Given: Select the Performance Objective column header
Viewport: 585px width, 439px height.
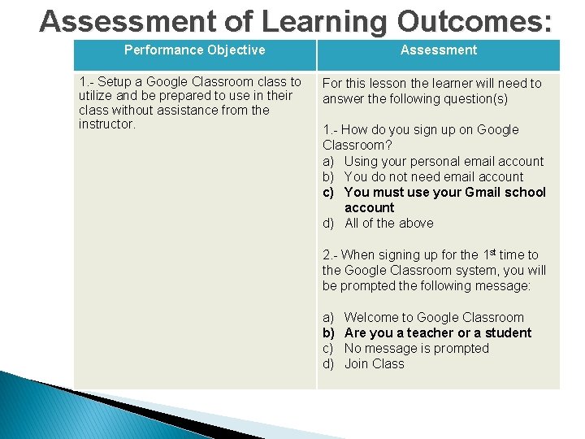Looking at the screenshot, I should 194,50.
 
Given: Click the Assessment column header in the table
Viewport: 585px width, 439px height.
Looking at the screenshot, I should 439,50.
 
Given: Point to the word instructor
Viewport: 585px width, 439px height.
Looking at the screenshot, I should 106,124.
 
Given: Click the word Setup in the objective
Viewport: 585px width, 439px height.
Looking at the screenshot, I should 116,82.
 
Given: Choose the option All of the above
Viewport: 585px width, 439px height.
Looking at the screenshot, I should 388,224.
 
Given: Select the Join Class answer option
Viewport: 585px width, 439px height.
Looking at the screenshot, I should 374,364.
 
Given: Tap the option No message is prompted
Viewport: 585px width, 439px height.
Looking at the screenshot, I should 416,349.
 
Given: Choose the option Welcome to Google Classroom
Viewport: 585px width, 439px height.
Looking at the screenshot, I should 434,318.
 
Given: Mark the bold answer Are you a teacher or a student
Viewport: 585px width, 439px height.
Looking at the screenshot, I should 437,333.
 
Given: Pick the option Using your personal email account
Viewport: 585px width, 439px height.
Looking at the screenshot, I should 444,162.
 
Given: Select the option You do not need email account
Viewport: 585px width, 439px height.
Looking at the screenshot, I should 434,177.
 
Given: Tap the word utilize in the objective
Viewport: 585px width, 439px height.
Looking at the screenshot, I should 97,96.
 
